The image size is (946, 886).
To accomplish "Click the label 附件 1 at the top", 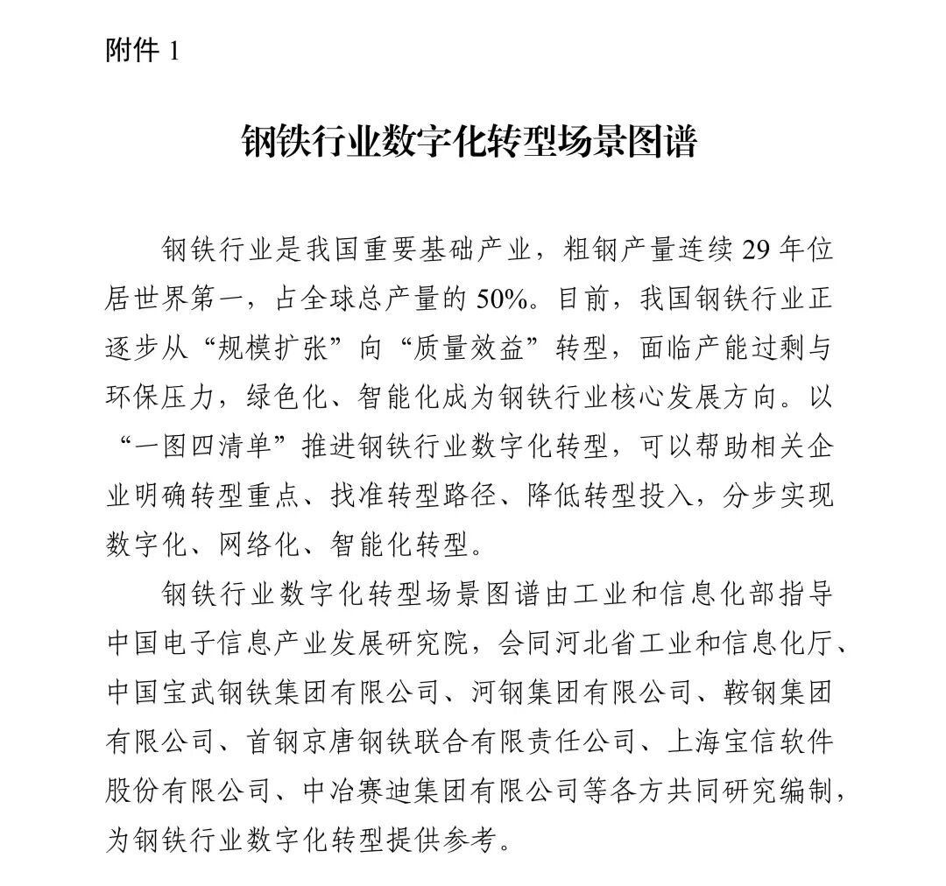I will (141, 52).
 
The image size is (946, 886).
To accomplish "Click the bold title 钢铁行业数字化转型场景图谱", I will (469, 141).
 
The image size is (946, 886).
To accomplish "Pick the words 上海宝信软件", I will (750, 742).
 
